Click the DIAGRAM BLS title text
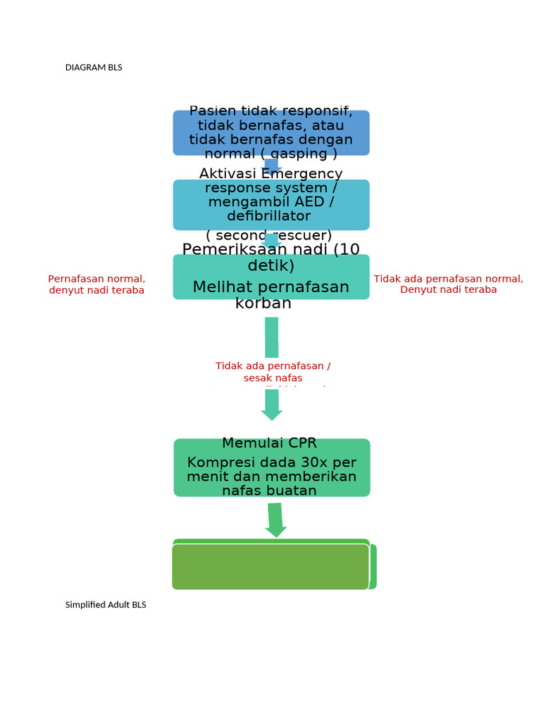pyautogui.click(x=94, y=68)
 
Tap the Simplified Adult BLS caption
pyautogui.click(x=106, y=605)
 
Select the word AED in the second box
pyautogui.click(x=306, y=202)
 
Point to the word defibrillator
pyautogui.click(x=268, y=216)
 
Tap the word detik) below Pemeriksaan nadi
pyautogui.click(x=271, y=266)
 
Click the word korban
pyautogui.click(x=263, y=303)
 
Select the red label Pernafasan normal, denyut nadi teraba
pyautogui.click(x=97, y=284)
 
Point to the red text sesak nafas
pyautogui.click(x=273, y=378)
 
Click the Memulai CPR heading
pyautogui.click(x=269, y=444)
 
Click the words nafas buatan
pyautogui.click(x=269, y=491)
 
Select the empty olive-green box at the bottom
pyautogui.click(x=270, y=567)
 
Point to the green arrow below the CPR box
pyautogui.click(x=275, y=520)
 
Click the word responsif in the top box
pyautogui.click(x=316, y=111)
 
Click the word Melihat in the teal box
pyautogui.click(x=221, y=287)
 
